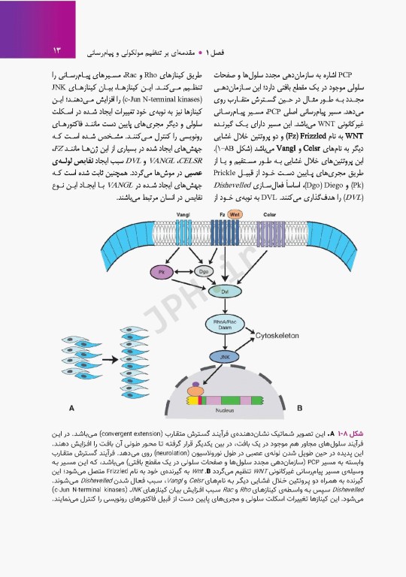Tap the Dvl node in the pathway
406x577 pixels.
(x=223, y=289)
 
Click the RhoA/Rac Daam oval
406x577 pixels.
(x=223, y=325)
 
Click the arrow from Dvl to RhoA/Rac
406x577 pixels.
(x=223, y=307)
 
